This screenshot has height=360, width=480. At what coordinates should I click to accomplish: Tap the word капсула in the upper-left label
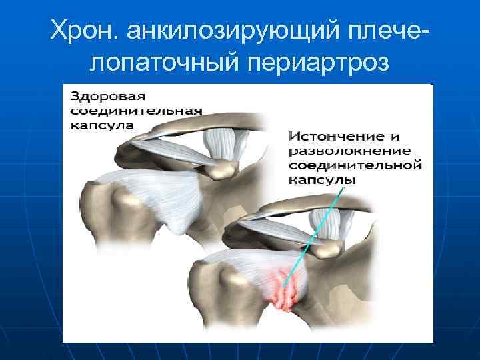click(101, 124)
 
